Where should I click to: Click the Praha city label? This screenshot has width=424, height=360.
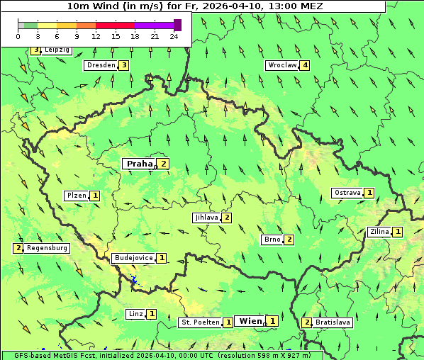pyautogui.click(x=140, y=164)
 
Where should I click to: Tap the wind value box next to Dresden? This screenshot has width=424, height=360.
pyautogui.click(x=123, y=65)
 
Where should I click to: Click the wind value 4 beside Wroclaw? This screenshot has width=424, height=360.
pyautogui.click(x=305, y=65)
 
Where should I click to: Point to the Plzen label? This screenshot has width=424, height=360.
pyautogui.click(x=77, y=195)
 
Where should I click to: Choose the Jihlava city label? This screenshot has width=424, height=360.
pyautogui.click(x=206, y=218)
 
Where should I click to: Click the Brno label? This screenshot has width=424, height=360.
pyautogui.click(x=272, y=240)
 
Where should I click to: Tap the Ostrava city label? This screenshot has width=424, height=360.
pyautogui.click(x=347, y=193)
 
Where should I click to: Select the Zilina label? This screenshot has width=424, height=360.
pyautogui.click(x=379, y=232)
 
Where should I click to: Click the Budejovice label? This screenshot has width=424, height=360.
pyautogui.click(x=133, y=258)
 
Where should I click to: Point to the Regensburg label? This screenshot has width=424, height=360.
pyautogui.click(x=48, y=248)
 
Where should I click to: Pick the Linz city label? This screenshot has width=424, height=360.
pyautogui.click(x=135, y=314)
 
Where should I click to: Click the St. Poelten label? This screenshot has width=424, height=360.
pyautogui.click(x=199, y=322)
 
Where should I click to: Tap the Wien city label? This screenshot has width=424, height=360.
pyautogui.click(x=250, y=321)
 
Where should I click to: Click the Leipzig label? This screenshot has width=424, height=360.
pyautogui.click(x=57, y=50)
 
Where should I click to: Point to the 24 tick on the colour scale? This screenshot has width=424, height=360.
pyautogui.click(x=174, y=35)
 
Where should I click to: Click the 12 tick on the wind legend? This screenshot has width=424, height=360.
pyautogui.click(x=96, y=35)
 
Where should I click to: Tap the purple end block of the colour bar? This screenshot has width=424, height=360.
pyautogui.click(x=177, y=25)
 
